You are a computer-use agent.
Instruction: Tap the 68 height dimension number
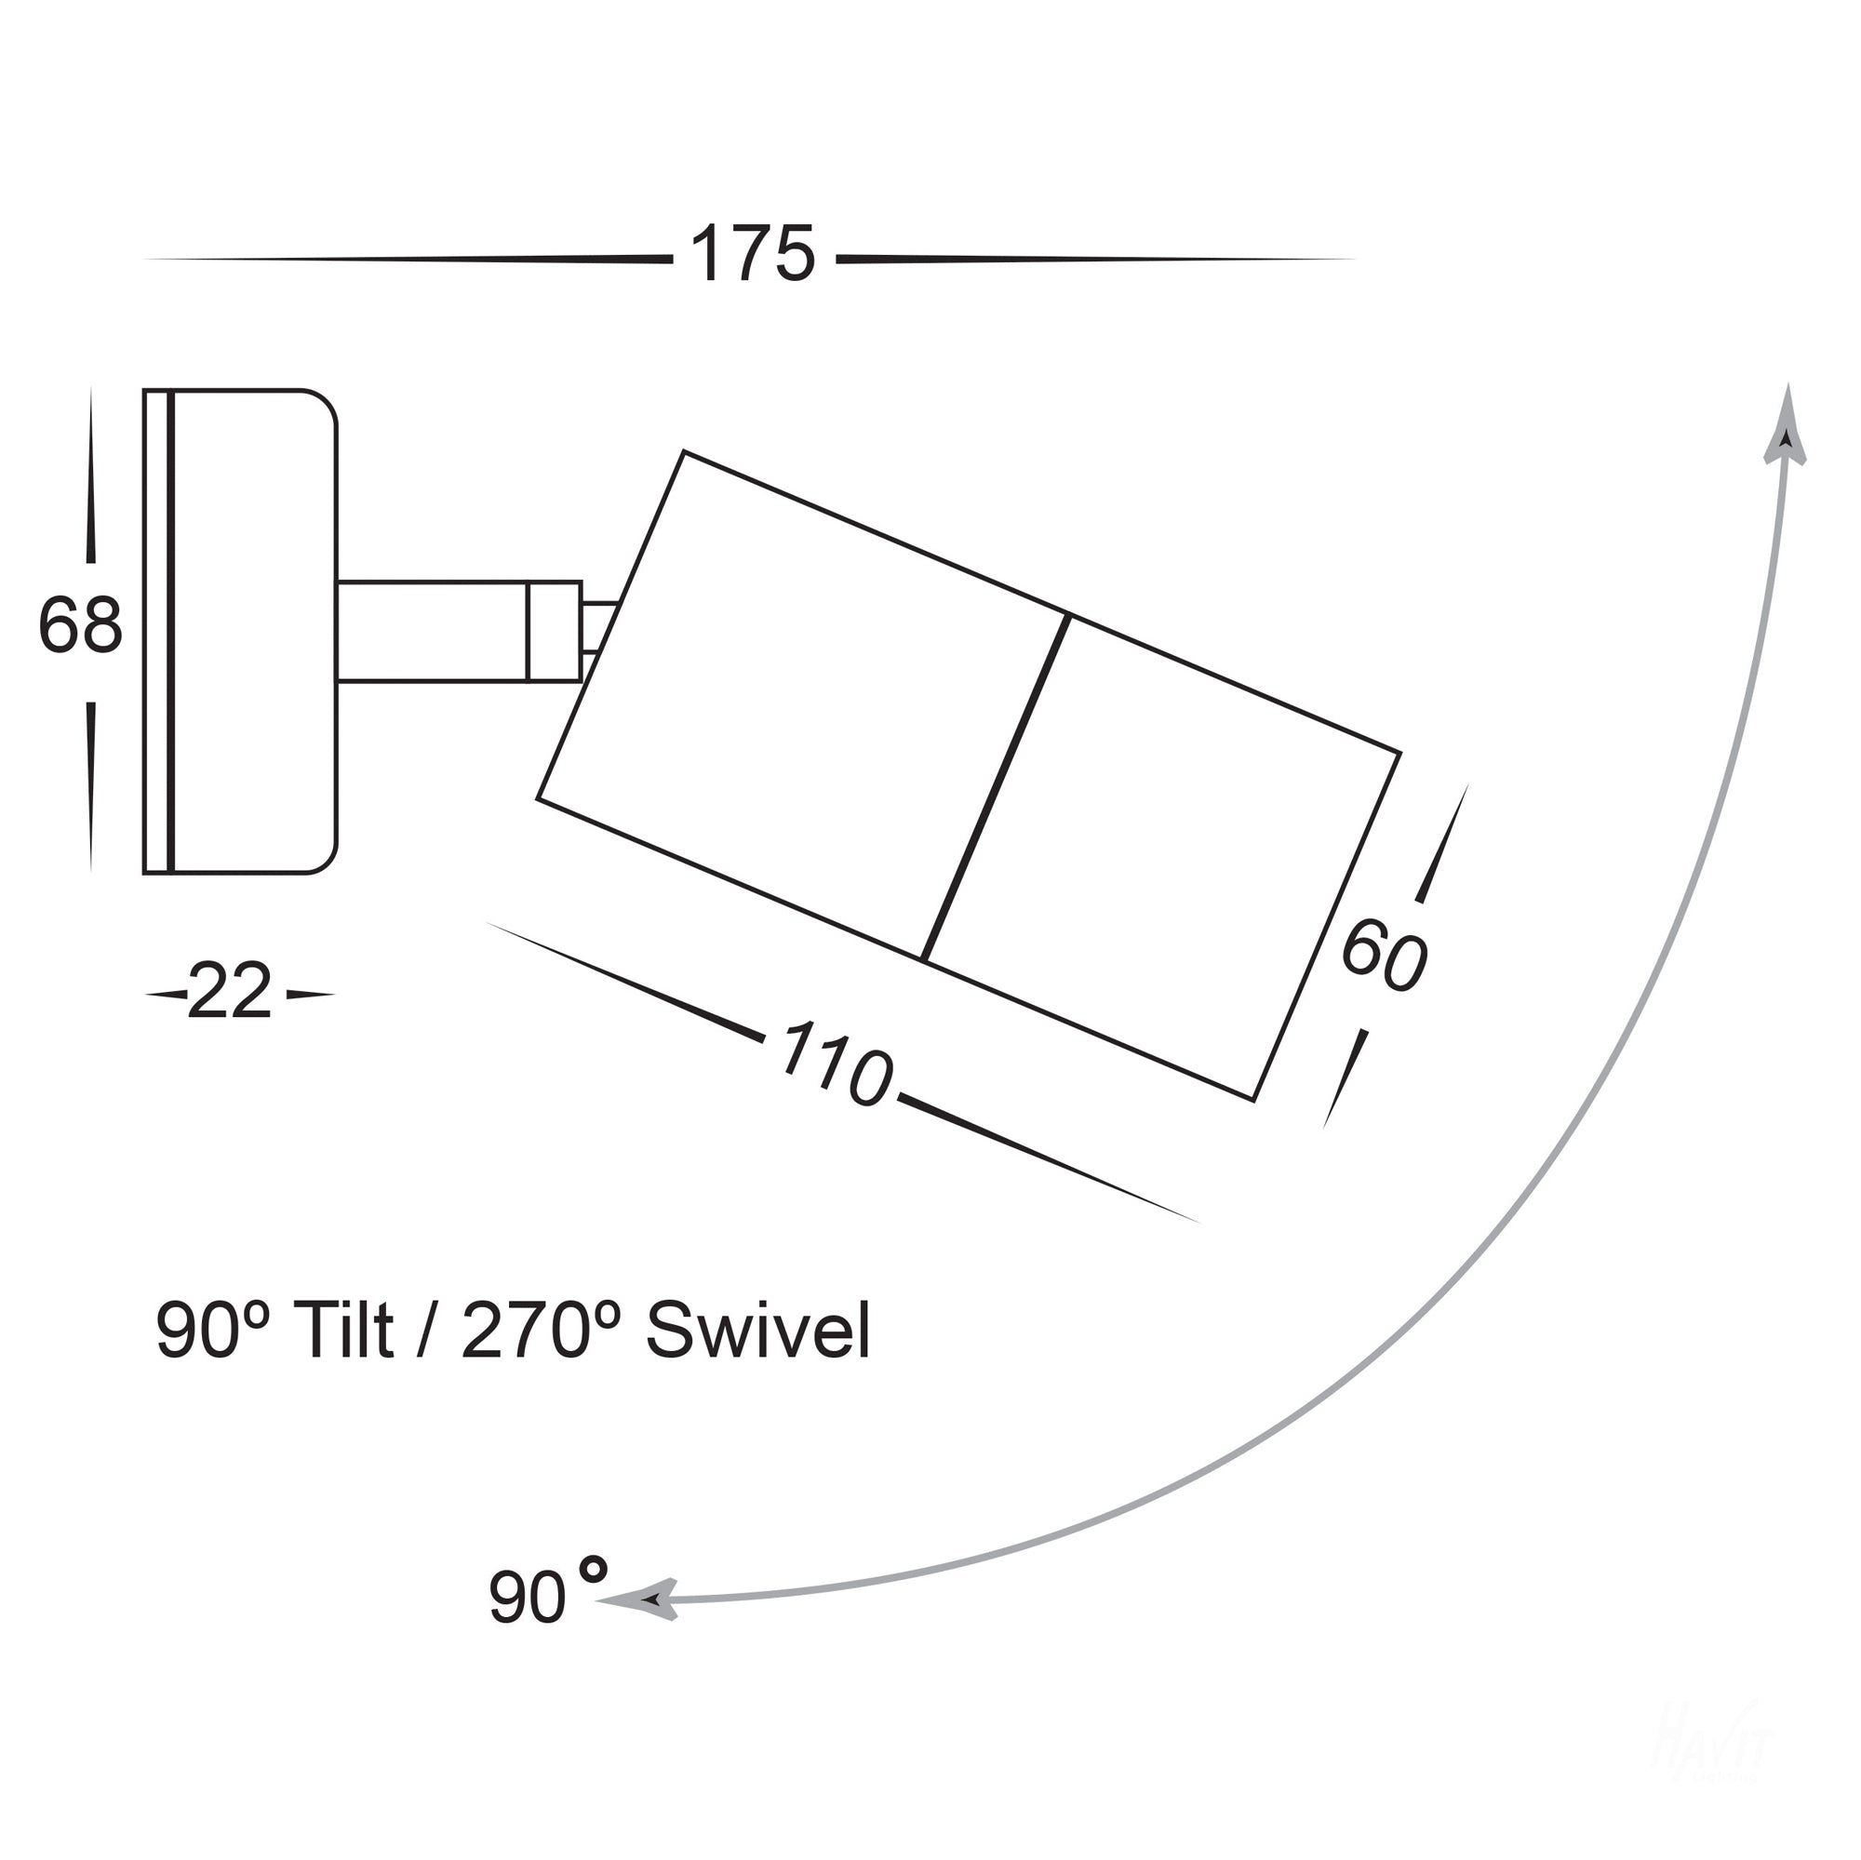(81, 625)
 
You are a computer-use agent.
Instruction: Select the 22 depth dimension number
(229, 992)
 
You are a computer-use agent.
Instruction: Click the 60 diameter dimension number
(1384, 955)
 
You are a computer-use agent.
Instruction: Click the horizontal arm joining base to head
(434, 632)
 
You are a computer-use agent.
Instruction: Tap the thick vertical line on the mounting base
(170, 632)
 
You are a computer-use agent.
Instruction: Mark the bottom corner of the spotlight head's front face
(1252, 1099)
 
